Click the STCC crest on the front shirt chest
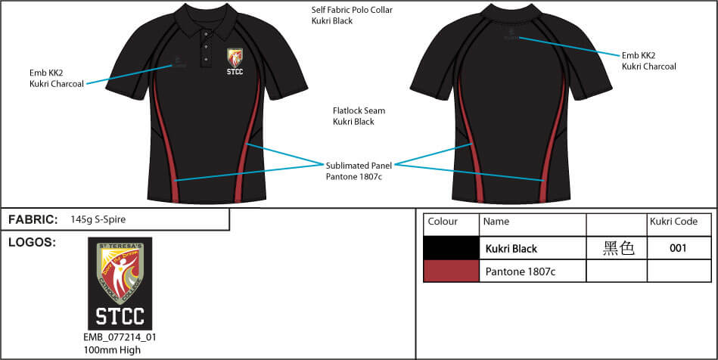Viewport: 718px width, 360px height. [235, 62]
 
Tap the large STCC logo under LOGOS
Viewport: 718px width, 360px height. [120, 283]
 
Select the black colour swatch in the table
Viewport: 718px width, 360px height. [451, 247]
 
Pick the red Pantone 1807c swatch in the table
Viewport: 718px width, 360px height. [451, 271]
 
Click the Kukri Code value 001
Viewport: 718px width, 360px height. [679, 248]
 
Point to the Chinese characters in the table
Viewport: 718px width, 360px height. [617, 248]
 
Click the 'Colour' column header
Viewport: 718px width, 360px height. [443, 222]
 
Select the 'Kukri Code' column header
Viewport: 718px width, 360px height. [673, 222]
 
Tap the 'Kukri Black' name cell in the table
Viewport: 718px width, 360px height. [511, 248]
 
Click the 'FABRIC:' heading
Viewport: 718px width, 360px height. [33, 219]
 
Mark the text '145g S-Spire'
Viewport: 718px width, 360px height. [98, 220]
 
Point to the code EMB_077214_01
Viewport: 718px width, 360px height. [120, 337]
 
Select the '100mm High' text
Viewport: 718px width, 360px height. [112, 350]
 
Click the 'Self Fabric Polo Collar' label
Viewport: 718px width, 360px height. [352, 10]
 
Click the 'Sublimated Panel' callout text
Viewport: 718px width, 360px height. [359, 165]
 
